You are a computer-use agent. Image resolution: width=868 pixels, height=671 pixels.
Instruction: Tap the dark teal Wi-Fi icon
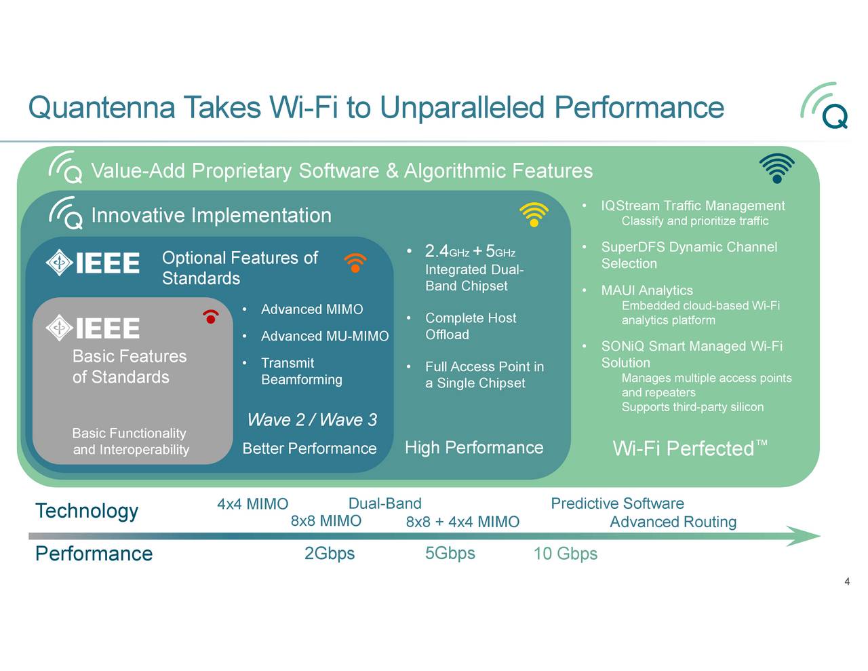776,168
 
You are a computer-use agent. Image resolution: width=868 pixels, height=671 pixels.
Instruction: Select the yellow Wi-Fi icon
534,214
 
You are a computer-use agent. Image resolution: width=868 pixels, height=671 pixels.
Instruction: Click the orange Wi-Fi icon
355,262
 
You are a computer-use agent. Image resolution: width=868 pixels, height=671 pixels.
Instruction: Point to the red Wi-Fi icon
211,316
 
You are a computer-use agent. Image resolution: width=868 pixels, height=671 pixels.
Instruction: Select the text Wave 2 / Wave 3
312,420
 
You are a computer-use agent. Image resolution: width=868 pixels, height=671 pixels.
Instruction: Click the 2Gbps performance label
330,554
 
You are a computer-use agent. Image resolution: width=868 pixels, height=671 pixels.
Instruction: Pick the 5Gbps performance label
450,554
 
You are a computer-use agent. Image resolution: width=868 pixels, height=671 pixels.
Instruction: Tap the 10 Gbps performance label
566,554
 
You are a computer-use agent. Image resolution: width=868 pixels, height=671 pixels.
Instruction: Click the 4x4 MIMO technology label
252,504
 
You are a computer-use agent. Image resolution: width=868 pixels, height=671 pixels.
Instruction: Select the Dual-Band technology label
384,503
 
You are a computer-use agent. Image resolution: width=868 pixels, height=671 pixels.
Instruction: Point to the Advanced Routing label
673,522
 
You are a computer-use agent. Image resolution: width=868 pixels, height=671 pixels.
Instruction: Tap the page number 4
847,581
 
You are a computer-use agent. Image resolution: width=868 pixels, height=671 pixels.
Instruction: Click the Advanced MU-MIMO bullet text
325,337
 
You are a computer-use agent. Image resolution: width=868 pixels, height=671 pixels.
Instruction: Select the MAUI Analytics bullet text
647,290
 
